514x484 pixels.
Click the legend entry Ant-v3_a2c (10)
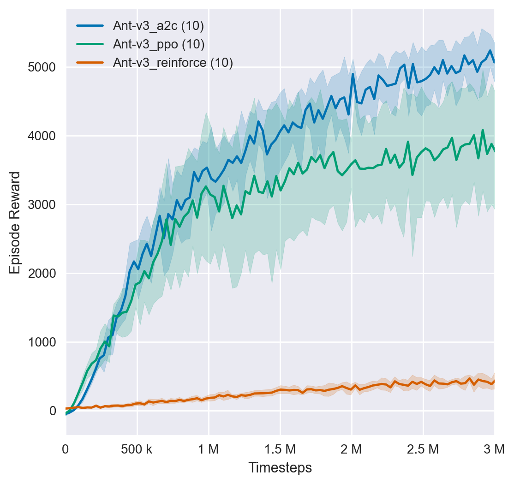coord(158,26)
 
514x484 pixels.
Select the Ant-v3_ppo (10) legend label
coord(159,44)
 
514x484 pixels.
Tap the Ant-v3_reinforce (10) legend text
coord(173,63)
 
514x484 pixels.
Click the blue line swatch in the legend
coord(90,26)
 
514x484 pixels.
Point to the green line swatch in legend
coord(90,44)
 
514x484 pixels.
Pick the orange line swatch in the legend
coord(90,63)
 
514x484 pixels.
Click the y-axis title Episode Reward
coord(15,222)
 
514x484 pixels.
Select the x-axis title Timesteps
coord(280,467)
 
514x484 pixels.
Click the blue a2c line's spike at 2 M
coord(353,74)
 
